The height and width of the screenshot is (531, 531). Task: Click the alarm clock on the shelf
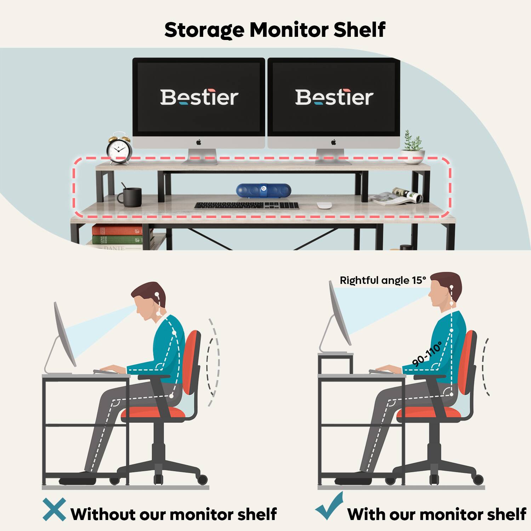tap(119, 148)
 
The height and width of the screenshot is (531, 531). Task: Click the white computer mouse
tap(324, 205)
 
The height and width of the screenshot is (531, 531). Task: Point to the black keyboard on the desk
tap(247, 205)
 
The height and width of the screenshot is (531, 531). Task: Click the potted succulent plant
tap(413, 147)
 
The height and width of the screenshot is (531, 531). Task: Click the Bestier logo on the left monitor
tap(199, 97)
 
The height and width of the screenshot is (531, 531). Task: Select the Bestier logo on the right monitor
tap(334, 97)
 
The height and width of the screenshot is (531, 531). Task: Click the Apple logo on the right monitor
tap(333, 142)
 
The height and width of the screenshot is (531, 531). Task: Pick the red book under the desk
tap(117, 230)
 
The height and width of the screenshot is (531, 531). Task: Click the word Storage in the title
tap(204, 30)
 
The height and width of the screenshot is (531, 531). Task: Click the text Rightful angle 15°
tap(383, 280)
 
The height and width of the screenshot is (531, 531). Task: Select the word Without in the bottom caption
tap(103, 514)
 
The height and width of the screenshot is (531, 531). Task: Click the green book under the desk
tap(117, 240)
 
